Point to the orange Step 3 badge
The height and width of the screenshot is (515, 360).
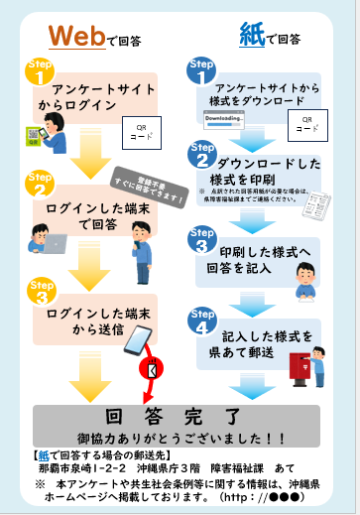[x=39, y=295]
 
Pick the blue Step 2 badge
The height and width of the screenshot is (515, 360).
[x=202, y=155]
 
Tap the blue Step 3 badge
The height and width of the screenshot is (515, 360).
[x=202, y=241]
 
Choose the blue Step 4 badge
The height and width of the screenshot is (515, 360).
[x=202, y=322]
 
